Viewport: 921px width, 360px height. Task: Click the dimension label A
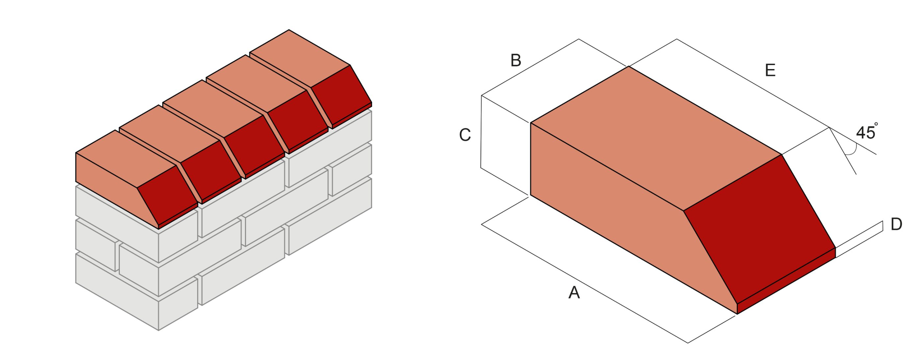click(x=574, y=292)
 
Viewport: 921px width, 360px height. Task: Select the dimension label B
click(x=515, y=60)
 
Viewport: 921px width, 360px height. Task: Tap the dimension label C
click(x=465, y=135)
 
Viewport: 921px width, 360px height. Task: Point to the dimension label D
click(x=896, y=224)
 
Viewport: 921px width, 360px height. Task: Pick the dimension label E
click(x=770, y=70)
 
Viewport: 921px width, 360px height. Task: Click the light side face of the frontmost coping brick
click(x=107, y=172)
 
